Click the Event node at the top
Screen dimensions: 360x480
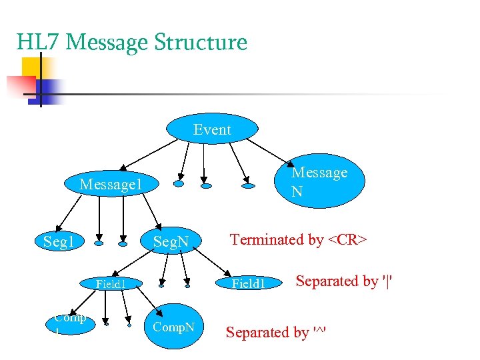[x=212, y=129]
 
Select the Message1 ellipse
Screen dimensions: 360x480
[x=110, y=183]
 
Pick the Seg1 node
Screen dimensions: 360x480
[x=59, y=241]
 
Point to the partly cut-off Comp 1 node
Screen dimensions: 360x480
[x=70, y=323]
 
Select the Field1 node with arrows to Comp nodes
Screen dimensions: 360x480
[x=110, y=284]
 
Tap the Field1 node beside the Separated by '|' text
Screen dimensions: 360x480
[x=249, y=284]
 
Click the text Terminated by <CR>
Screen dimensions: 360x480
[x=298, y=239]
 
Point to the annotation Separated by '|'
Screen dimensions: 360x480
[x=343, y=281]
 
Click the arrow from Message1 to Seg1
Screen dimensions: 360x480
[x=69, y=213]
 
